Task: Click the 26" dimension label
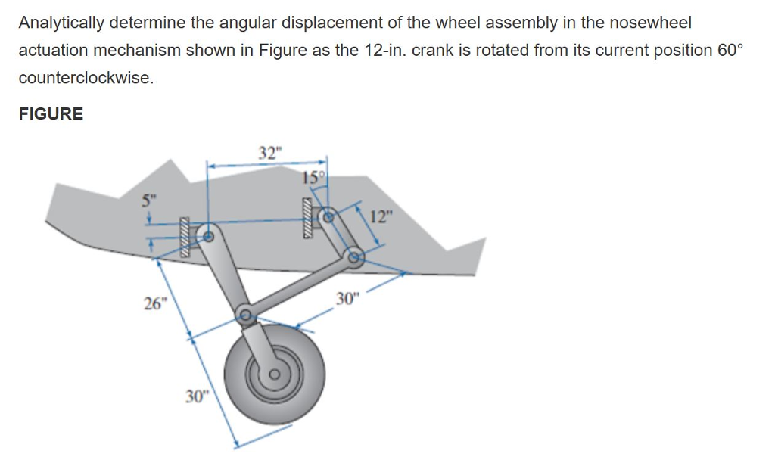(155, 304)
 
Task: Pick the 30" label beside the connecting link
(345, 299)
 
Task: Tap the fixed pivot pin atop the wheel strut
(210, 235)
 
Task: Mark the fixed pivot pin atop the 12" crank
(328, 216)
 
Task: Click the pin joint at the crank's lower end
(353, 259)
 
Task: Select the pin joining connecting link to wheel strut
(244, 315)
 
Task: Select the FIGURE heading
(51, 114)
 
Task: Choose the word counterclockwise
(85, 78)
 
